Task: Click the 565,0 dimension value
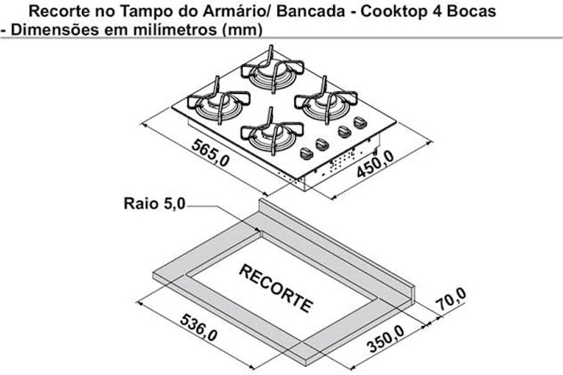(211, 153)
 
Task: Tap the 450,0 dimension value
(376, 164)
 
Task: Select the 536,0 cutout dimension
(199, 328)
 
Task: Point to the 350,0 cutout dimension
(385, 339)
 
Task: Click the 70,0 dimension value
(451, 299)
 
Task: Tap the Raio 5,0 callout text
(154, 204)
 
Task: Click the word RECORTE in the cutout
(276, 288)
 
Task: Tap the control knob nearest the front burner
(306, 154)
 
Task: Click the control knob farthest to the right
(360, 123)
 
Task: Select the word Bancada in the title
(311, 11)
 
